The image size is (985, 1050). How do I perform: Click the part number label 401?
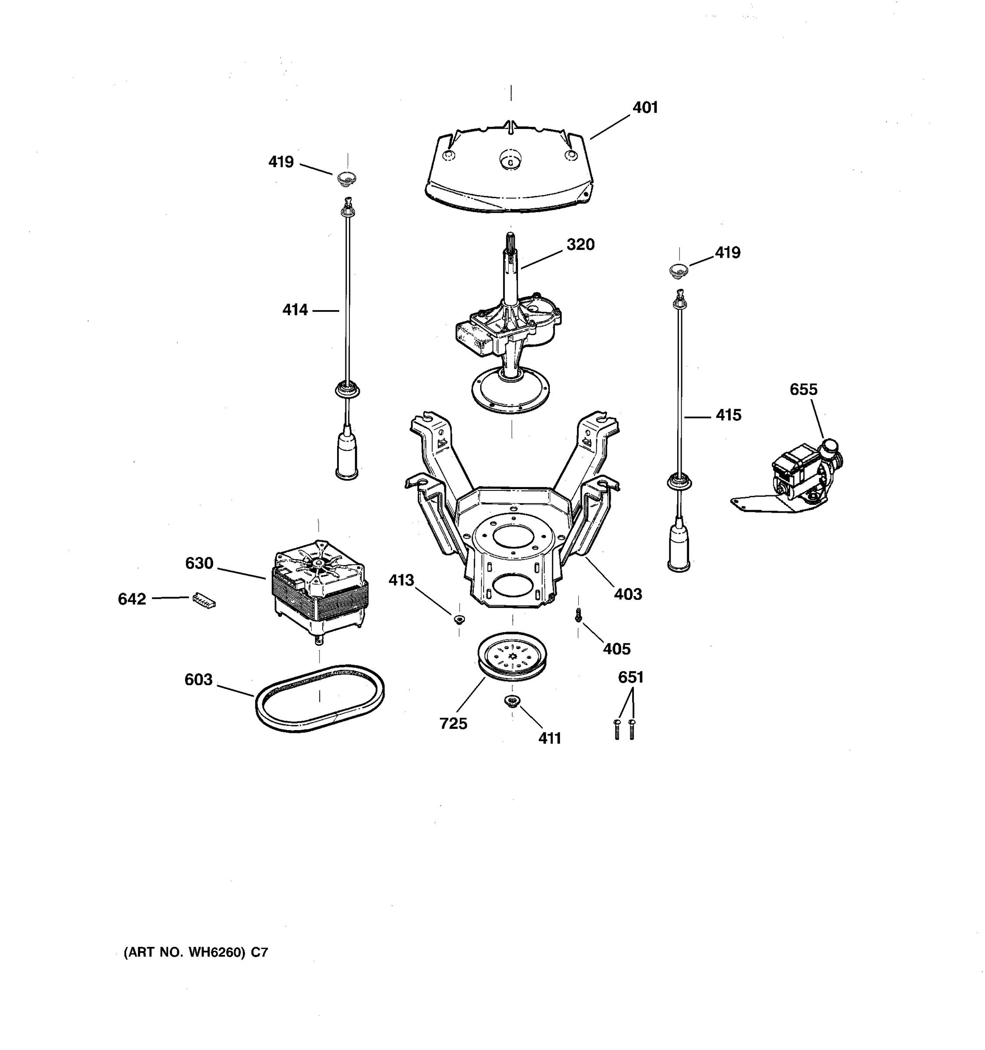(645, 108)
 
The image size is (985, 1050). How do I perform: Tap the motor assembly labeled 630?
(320, 586)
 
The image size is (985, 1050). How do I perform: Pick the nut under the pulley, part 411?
(511, 701)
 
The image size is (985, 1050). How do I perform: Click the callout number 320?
(580, 245)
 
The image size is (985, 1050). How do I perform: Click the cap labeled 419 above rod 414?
(347, 178)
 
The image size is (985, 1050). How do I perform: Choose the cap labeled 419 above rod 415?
(679, 271)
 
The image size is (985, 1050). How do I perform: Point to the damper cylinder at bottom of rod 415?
(679, 546)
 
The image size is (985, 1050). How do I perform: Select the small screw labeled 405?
(579, 614)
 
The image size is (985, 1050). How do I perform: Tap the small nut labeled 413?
(459, 619)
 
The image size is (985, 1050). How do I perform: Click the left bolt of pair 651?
(617, 729)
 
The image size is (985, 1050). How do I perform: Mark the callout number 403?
(628, 594)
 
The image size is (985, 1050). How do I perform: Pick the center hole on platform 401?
(510, 158)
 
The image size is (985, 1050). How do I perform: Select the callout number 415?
(728, 415)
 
